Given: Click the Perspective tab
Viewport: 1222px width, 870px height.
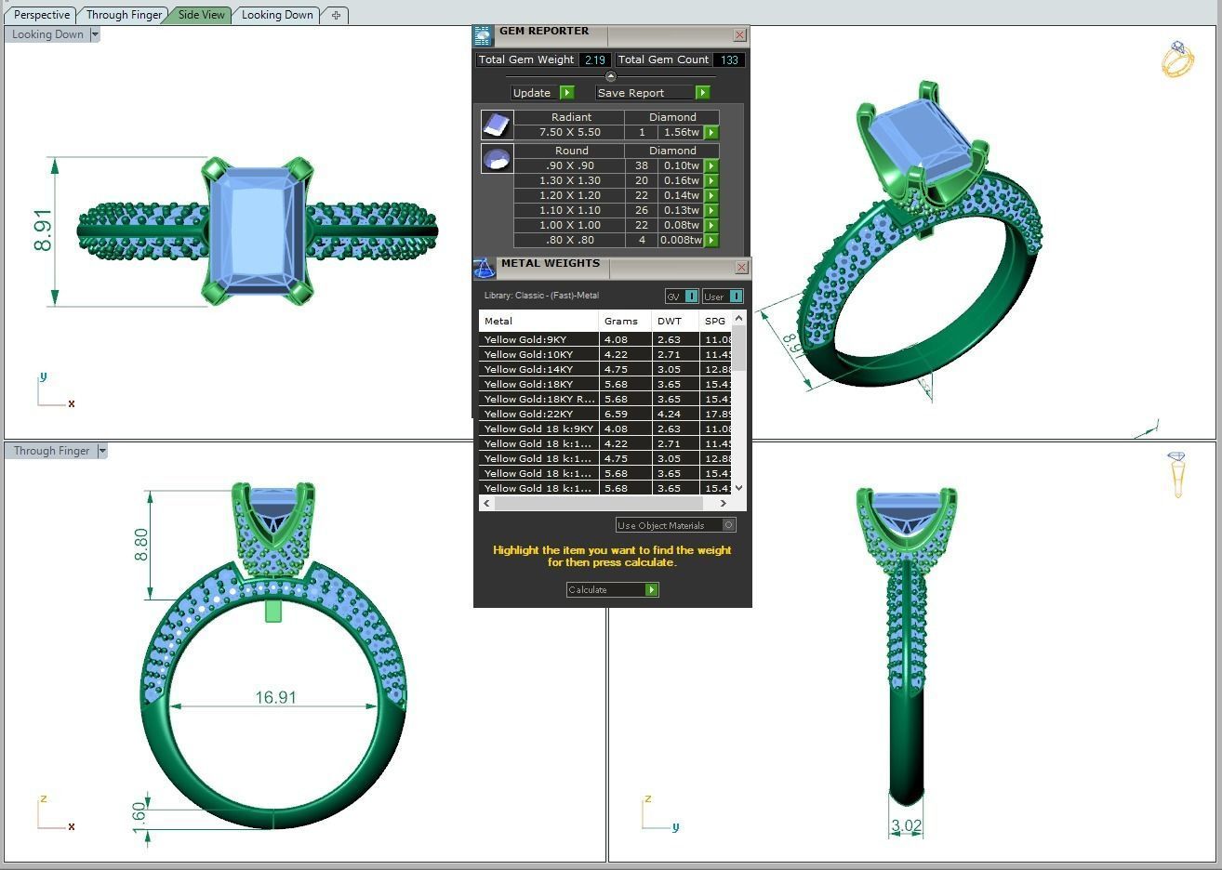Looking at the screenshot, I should [42, 15].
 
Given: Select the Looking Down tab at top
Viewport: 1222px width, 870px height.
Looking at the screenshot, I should [277, 15].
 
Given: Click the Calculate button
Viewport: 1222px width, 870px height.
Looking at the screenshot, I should [612, 589].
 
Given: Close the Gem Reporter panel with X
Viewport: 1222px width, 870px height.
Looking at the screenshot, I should [739, 35].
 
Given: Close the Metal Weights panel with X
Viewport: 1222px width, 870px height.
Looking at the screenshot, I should [741, 268].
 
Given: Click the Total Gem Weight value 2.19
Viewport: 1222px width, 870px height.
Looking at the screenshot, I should [594, 59].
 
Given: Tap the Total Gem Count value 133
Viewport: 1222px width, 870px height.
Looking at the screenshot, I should [729, 59].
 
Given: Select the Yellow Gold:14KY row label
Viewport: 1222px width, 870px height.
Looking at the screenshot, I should [528, 369].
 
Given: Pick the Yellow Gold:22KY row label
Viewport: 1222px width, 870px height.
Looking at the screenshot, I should [528, 414].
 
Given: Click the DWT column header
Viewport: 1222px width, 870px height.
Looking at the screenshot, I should [670, 321].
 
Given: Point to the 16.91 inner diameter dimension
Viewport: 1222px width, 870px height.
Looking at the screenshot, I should [275, 697].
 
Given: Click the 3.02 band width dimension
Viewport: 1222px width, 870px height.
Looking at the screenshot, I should [906, 825].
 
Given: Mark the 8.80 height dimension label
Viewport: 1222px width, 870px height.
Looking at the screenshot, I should [141, 545].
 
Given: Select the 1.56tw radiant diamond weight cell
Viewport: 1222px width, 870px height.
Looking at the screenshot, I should [681, 132].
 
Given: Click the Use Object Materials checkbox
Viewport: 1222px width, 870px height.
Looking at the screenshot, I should [728, 525].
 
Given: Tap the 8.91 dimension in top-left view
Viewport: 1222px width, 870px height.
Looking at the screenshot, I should [43, 230].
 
